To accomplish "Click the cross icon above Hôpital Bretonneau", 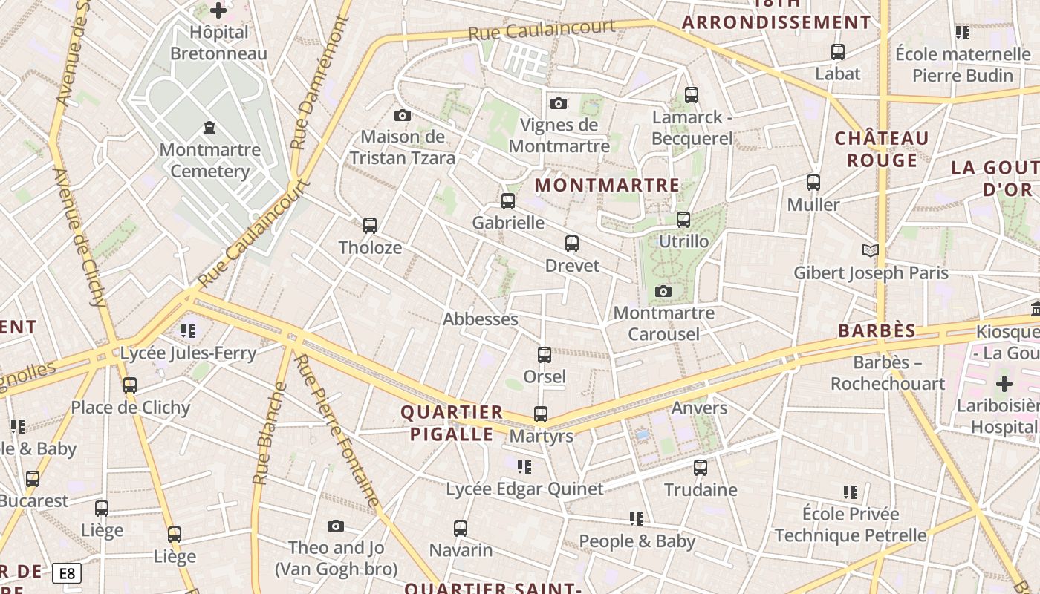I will point(218,10).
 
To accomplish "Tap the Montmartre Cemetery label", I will point(210,160).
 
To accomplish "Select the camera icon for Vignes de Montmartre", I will point(559,103).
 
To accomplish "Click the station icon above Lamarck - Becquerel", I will point(692,95).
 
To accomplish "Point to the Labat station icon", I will point(838,52).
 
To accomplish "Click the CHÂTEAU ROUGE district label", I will point(882,149).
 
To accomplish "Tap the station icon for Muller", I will point(813,183).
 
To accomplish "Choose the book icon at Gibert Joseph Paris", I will point(871,251).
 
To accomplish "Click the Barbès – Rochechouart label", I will point(888,373).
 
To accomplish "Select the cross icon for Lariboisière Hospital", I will point(1004,385).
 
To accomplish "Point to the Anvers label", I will point(699,408).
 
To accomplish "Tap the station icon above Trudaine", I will point(701,468).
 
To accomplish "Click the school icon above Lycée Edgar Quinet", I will point(524,467).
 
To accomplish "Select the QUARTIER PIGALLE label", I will point(452,423).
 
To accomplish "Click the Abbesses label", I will point(480,319).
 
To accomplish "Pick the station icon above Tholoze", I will point(370,226).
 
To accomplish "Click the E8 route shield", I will point(67,573).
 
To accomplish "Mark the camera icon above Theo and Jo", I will point(336,526).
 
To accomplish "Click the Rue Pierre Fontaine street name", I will point(337,431).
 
